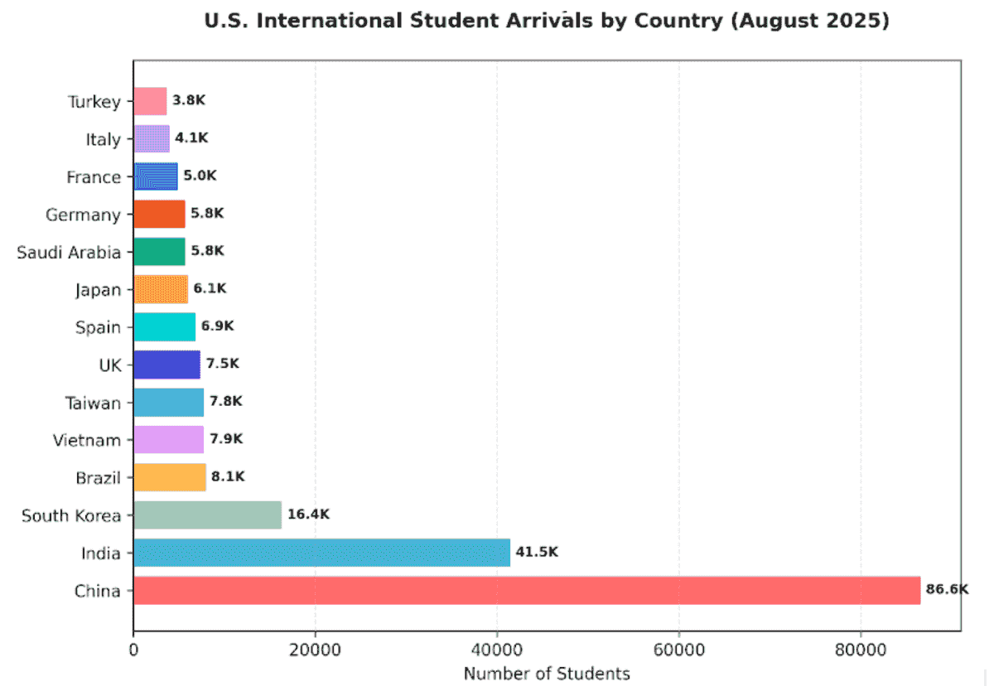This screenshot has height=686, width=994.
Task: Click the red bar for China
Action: [x=527, y=591]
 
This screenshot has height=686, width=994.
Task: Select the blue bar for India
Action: [x=321, y=553]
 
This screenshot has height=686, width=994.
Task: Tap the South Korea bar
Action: [x=207, y=515]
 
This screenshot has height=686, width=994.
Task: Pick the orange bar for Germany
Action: [x=159, y=214]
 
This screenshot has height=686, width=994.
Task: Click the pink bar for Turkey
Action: [x=150, y=101]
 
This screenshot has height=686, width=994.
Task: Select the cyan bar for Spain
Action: [x=164, y=327]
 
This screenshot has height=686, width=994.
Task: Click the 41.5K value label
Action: [x=537, y=552]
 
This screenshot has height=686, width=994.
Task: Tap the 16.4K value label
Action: [x=308, y=514]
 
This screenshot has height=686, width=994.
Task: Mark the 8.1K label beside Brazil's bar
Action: [x=229, y=476]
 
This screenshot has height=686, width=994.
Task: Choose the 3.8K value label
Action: [x=189, y=100]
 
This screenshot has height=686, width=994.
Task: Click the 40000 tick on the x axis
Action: [x=497, y=651]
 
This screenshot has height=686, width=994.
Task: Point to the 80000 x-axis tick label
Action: [x=860, y=651]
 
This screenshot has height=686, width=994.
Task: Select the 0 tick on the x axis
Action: [x=133, y=651]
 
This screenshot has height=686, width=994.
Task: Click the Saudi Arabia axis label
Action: [x=69, y=252]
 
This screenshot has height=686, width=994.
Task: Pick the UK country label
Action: [x=109, y=365]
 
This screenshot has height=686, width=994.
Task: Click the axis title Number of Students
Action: [x=547, y=673]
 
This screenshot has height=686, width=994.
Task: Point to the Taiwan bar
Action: [x=168, y=403]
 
